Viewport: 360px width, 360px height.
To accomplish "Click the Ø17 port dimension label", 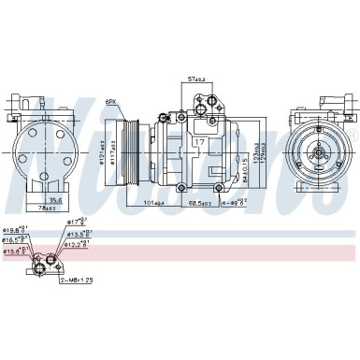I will coord(78,221).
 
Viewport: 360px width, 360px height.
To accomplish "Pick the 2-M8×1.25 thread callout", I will coord(78,279).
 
